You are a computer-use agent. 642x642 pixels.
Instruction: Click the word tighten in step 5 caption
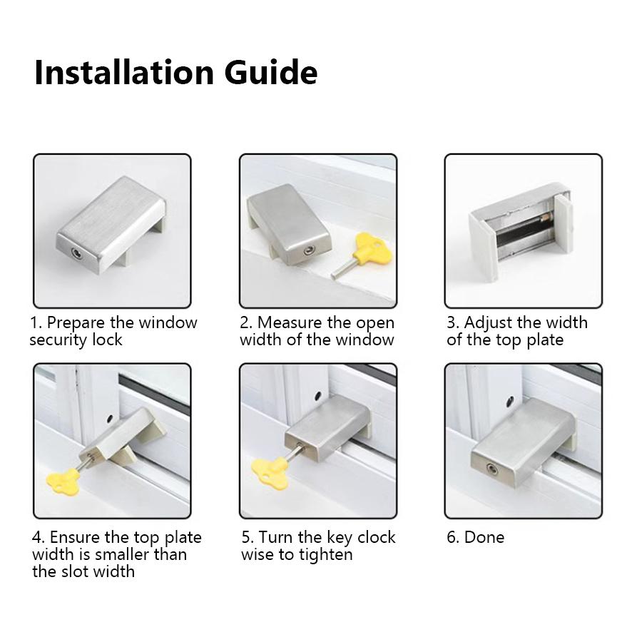tap(324, 554)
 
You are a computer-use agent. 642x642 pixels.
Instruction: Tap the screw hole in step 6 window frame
tap(510, 402)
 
